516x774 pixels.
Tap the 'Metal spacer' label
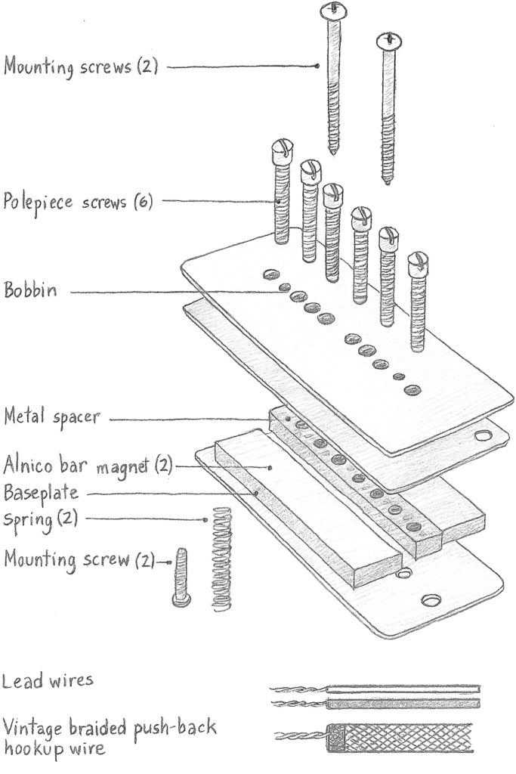click(x=51, y=416)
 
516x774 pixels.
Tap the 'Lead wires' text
click(x=48, y=680)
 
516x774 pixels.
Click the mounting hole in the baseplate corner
click(x=431, y=600)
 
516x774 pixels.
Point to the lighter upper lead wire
click(x=400, y=689)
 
